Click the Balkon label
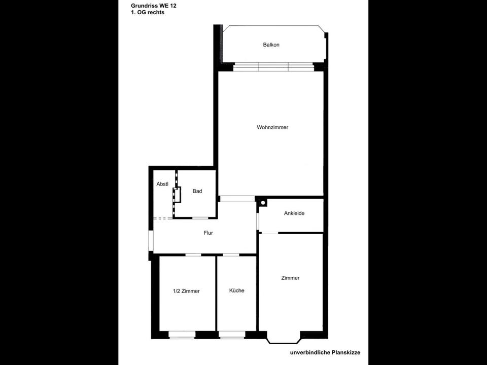[271, 45]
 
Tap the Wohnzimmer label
[272, 128]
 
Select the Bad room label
[197, 191]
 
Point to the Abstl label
[162, 185]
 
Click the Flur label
[208, 233]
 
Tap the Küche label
[236, 290]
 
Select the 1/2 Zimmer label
[186, 291]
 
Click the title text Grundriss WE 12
[154, 6]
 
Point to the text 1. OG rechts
[147, 13]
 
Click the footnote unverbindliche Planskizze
[325, 352]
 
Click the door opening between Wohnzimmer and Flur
[237, 198]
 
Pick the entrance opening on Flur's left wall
[151, 241]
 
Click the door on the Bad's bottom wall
[200, 218]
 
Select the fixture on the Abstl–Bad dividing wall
[177, 195]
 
